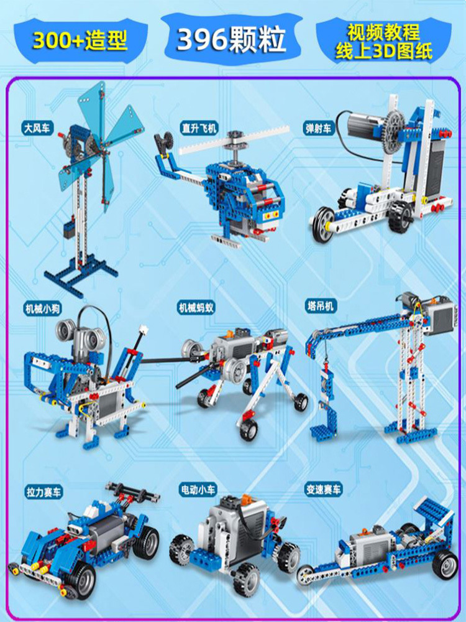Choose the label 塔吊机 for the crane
pos(321,306)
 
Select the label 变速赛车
pos(323,490)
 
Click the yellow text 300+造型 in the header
pos(81,39)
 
